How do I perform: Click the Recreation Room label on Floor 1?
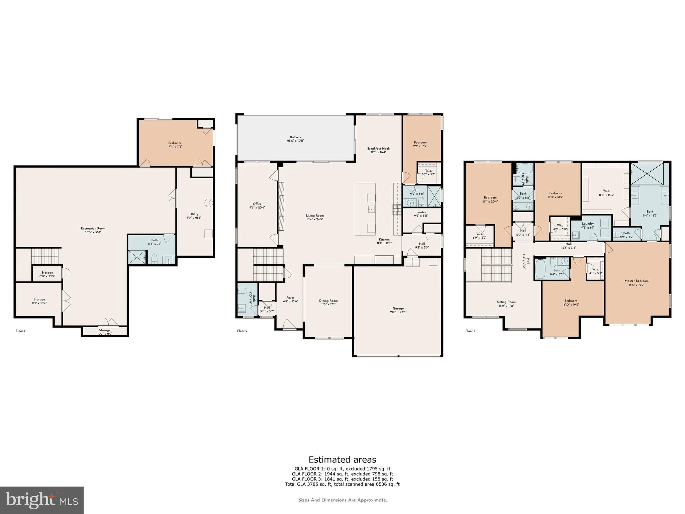click(93, 229)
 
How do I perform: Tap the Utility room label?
click(194, 214)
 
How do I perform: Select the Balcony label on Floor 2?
click(295, 137)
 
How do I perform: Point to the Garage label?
click(398, 309)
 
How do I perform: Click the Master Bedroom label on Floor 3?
click(637, 281)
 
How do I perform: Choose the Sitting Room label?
click(506, 302)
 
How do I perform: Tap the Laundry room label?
click(588, 224)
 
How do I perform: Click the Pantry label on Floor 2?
click(421, 212)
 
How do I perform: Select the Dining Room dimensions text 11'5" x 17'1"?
click(328, 305)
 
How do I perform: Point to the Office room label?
click(257, 204)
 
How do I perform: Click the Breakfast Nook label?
click(378, 149)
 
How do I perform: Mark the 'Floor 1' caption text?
click(20, 331)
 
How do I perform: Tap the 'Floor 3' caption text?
click(470, 331)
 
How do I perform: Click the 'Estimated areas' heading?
click(342, 459)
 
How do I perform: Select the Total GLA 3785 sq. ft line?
click(342, 484)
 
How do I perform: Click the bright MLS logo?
click(42, 500)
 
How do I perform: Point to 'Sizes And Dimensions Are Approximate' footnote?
click(342, 500)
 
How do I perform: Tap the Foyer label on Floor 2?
click(290, 297)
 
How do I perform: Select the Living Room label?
click(315, 216)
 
